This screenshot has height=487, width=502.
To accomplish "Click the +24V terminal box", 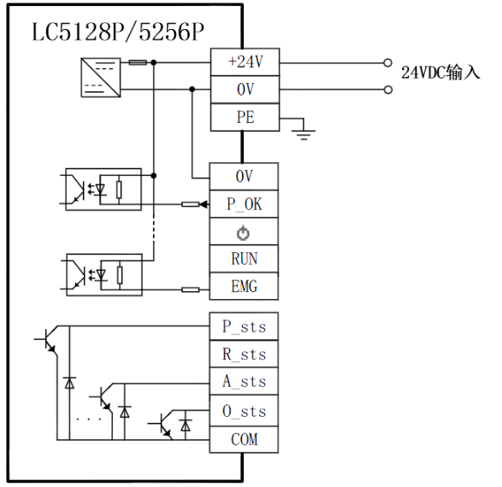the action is tap(245, 62).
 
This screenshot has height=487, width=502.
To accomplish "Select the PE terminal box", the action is tap(245, 117).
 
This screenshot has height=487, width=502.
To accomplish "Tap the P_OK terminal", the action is tap(244, 204).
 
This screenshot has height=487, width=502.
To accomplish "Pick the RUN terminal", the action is tap(244, 259).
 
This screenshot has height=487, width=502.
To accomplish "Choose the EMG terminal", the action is tap(244, 286).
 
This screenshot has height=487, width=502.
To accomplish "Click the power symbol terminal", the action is tap(244, 232).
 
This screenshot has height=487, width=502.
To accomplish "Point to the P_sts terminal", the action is tap(244, 326).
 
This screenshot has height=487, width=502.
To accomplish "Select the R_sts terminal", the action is tap(244, 354).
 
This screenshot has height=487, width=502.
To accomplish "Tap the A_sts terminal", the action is tap(244, 381).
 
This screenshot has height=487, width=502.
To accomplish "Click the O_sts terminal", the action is tap(244, 411).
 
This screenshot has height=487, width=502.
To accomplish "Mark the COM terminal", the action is tap(244, 439).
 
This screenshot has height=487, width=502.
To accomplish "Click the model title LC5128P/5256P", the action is tap(118, 32).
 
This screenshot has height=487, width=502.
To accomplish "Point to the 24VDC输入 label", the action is tap(440, 73).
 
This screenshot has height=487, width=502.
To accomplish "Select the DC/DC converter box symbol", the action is tap(101, 78).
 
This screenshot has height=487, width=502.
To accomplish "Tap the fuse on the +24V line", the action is tap(138, 62).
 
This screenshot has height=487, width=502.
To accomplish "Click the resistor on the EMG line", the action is tap(191, 290).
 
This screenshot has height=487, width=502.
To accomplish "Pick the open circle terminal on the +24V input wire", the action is tap(387, 62).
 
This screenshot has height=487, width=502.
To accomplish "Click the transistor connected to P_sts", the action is tap(47, 340).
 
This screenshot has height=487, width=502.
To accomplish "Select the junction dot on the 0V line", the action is tap(192, 89).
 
